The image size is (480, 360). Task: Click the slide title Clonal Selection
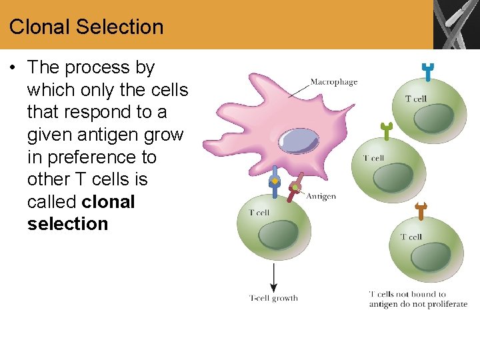coord(86,27)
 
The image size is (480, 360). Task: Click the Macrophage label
coord(333,82)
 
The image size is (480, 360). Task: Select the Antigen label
coord(321,197)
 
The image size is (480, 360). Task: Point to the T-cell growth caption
coord(273,298)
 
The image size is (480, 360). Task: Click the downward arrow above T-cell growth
coord(273,277)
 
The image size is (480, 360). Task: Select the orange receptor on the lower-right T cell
coord(421,211)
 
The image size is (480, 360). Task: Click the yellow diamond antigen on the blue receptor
coord(273,181)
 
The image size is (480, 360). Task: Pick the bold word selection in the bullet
coord(67,224)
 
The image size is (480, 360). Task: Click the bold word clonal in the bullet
coord(108,202)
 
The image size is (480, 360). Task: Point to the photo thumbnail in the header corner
coord(457,25)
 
